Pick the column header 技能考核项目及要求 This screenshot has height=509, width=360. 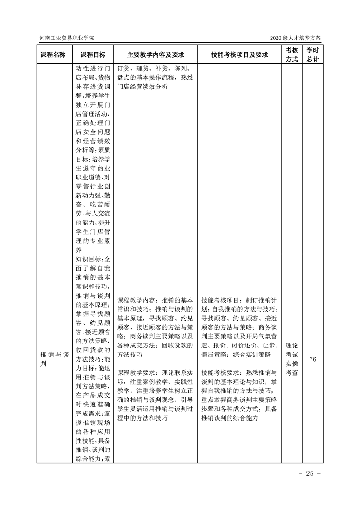pyautogui.click(x=239, y=54)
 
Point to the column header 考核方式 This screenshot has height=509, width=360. pyautogui.click(x=291, y=54)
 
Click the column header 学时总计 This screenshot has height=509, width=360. pyautogui.click(x=312, y=54)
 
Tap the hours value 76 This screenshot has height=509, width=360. pyautogui.click(x=312, y=359)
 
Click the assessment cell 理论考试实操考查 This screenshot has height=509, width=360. pyautogui.click(x=292, y=359)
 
